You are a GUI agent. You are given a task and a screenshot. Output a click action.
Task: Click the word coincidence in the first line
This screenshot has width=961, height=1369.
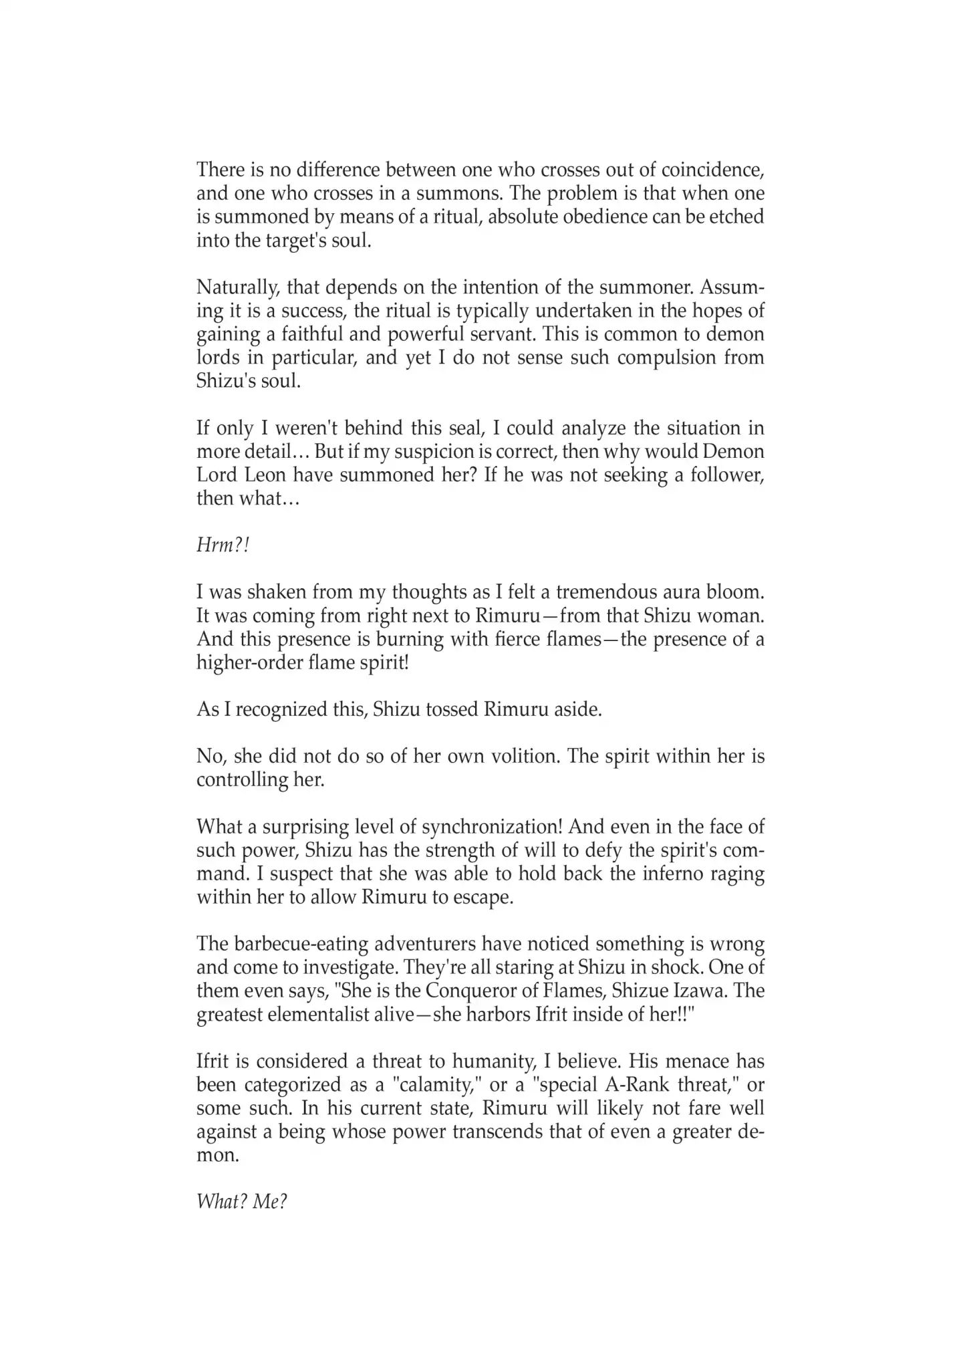pos(709,170)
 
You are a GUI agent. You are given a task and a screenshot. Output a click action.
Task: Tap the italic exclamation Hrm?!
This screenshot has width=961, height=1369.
pos(223,545)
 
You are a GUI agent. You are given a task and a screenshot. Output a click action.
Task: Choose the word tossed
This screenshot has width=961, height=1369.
pos(442,710)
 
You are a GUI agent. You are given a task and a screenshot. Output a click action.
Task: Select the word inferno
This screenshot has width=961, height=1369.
pos(674,874)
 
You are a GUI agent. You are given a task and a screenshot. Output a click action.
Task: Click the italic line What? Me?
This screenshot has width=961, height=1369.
pos(241,1203)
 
